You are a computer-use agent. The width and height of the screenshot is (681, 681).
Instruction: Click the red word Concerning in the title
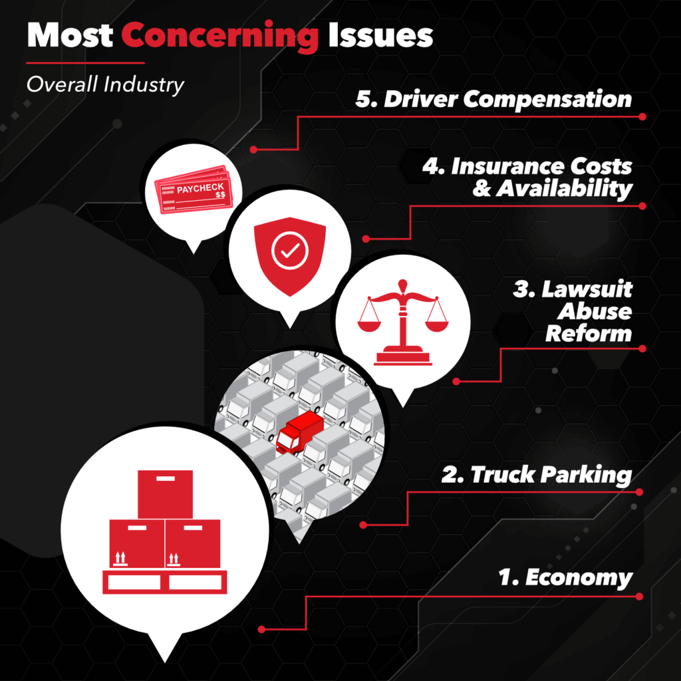(x=219, y=36)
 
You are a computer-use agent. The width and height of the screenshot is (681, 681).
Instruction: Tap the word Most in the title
(x=70, y=35)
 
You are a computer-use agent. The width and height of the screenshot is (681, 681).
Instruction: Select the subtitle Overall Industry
(x=106, y=84)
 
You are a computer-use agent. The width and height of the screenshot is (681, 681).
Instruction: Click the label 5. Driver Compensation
(x=494, y=100)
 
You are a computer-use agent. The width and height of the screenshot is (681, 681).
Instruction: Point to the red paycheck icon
(x=193, y=190)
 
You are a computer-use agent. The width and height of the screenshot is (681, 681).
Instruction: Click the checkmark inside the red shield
(x=290, y=251)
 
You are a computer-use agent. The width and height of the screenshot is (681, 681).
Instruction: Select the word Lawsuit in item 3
(x=587, y=290)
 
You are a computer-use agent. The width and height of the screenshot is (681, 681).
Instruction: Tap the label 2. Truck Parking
(x=537, y=474)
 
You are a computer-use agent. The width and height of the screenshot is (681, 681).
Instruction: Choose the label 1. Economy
(x=565, y=578)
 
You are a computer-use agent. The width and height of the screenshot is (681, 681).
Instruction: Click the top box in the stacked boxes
(x=165, y=494)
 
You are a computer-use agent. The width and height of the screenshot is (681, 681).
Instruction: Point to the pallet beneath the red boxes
(x=165, y=582)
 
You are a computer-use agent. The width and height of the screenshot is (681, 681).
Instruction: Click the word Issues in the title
(x=380, y=35)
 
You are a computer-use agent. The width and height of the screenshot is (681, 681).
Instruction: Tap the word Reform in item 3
(x=589, y=334)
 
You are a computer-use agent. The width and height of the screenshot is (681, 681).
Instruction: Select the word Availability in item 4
(x=564, y=189)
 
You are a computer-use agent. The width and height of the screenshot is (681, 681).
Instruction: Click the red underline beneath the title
(x=85, y=63)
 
